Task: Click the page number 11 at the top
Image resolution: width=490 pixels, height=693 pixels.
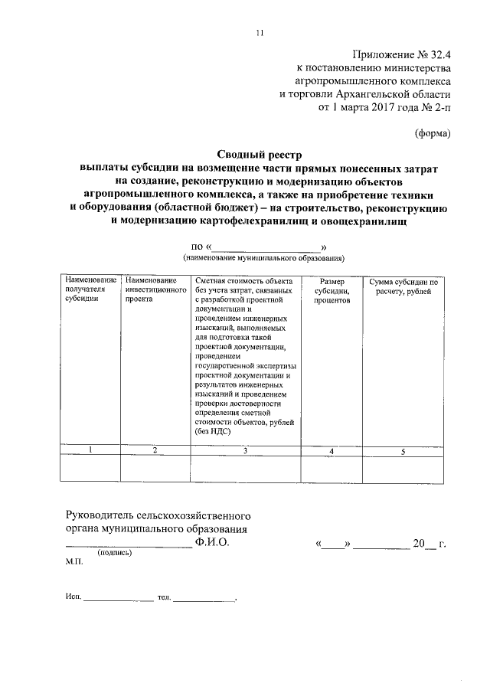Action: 260,32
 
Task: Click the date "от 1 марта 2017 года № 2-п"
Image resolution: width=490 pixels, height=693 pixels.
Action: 384,108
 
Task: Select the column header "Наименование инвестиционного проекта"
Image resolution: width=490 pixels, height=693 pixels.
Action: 156,291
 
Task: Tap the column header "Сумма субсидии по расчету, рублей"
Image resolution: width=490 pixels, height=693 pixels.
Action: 403,287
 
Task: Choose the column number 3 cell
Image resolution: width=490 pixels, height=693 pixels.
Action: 245,450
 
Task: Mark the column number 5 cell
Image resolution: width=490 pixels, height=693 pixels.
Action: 403,450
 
